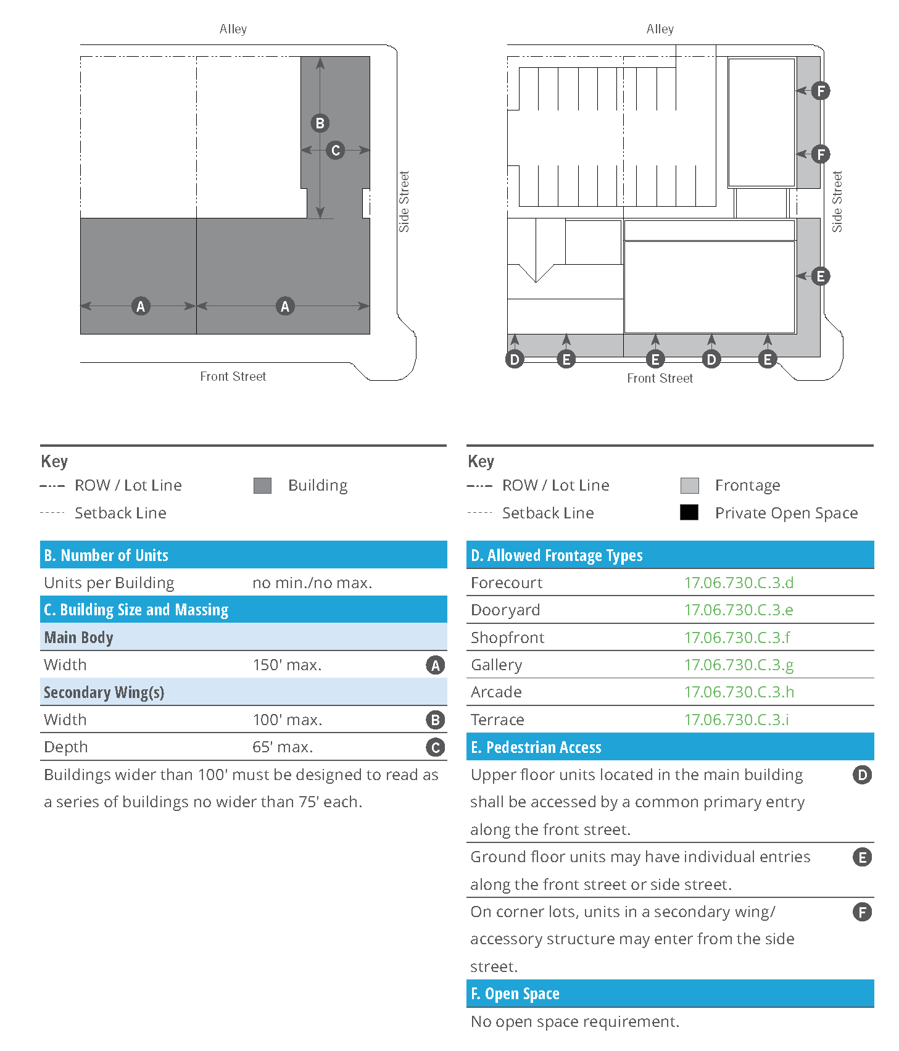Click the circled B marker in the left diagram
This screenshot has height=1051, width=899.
point(320,123)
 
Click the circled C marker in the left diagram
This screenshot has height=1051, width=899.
point(336,150)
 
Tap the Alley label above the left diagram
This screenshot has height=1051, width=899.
point(233,29)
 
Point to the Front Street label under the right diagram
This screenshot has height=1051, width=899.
point(660,378)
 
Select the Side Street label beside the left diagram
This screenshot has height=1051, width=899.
point(404,202)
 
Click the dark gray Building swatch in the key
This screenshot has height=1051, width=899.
point(262,486)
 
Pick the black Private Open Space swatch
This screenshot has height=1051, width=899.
point(689,513)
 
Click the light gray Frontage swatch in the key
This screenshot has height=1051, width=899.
point(689,486)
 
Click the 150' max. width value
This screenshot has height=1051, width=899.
point(287,665)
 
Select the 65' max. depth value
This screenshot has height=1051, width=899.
point(283,747)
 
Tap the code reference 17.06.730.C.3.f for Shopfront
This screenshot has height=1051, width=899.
point(737,638)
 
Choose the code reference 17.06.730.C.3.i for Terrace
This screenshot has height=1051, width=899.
point(736,720)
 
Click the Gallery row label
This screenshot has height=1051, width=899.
point(496,665)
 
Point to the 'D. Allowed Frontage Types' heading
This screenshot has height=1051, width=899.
point(557,555)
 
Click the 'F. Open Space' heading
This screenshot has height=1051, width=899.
point(515,994)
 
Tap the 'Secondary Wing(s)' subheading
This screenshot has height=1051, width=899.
point(104,692)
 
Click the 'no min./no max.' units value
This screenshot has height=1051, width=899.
point(312,583)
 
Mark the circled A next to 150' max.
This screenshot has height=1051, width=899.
point(435,665)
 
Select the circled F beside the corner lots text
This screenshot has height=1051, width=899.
point(862,912)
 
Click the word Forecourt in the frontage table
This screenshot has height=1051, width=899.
point(507,583)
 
